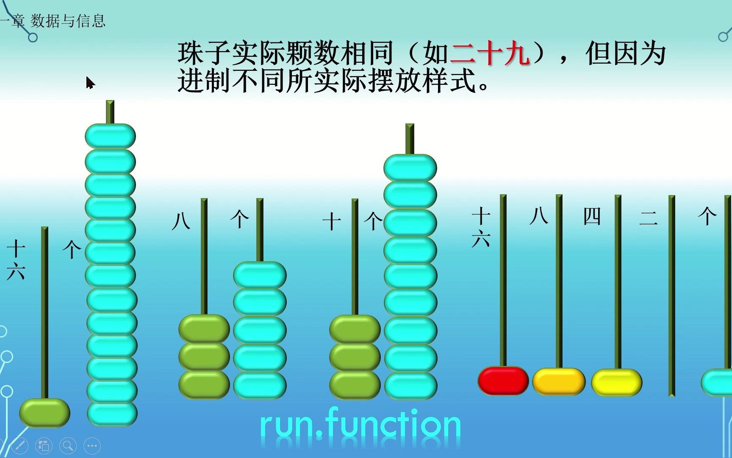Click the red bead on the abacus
[x=503, y=380]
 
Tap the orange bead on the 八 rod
[x=559, y=381]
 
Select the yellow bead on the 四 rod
[x=617, y=382]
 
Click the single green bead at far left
[x=44, y=413]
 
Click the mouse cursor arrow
[x=89, y=83]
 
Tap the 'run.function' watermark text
[x=360, y=424]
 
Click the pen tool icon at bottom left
[x=19, y=446]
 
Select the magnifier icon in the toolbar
[x=68, y=446]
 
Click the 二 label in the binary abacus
[x=648, y=218]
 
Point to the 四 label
[x=592, y=217]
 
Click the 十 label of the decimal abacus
[x=332, y=222]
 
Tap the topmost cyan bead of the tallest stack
[x=110, y=136]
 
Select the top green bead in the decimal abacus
[x=355, y=329]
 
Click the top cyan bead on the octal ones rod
[x=260, y=275]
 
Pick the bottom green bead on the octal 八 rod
[x=204, y=384]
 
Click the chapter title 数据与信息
[x=68, y=21]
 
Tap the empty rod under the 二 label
[x=671, y=297]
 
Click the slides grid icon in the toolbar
[x=44, y=446]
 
